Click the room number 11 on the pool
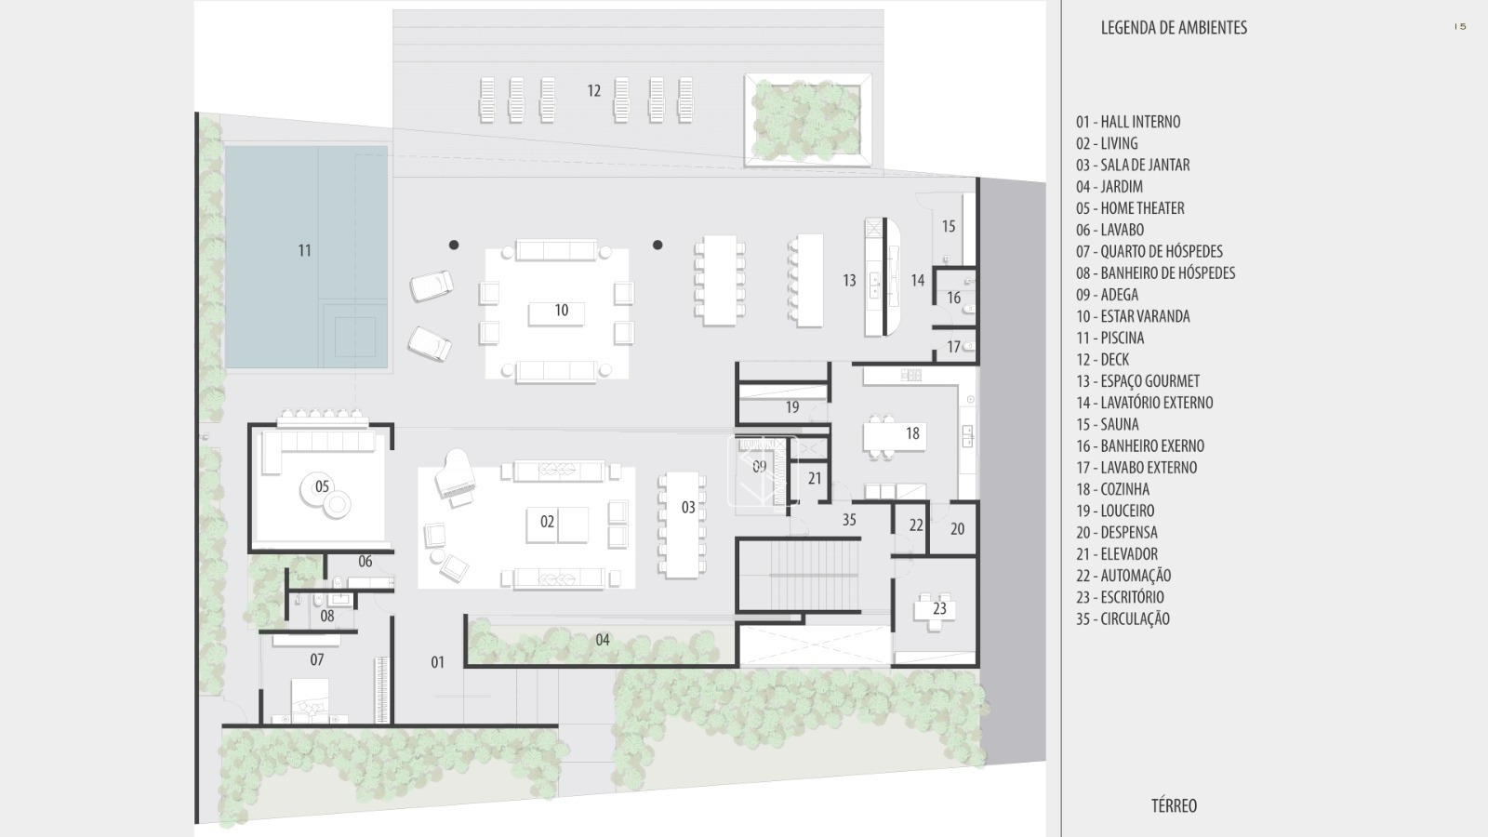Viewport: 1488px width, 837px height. [x=304, y=250]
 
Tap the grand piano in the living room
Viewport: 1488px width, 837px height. [x=455, y=476]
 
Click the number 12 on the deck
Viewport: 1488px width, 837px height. [x=594, y=90]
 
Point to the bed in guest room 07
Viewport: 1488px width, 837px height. [x=311, y=700]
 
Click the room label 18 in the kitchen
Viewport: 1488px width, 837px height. [x=912, y=433]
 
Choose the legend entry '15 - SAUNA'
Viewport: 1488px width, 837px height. [x=1108, y=424]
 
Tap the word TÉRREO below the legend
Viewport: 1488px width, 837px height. [x=1174, y=805]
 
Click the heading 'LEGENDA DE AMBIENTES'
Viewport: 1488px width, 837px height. [x=1174, y=27]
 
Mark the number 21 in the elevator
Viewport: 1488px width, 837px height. [x=815, y=478]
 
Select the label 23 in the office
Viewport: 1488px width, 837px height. [x=939, y=608]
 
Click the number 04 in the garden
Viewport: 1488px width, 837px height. [x=603, y=640]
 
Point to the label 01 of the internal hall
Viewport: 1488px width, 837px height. [x=437, y=661]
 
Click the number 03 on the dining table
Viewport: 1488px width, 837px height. [x=688, y=508]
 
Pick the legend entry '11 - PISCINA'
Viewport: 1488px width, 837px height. [x=1110, y=338]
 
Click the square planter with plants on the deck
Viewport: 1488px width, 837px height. [x=808, y=120]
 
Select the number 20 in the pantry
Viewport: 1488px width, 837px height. [x=957, y=529]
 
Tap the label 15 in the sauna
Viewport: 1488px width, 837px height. [x=949, y=227]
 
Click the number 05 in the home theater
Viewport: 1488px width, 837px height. [x=322, y=486]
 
